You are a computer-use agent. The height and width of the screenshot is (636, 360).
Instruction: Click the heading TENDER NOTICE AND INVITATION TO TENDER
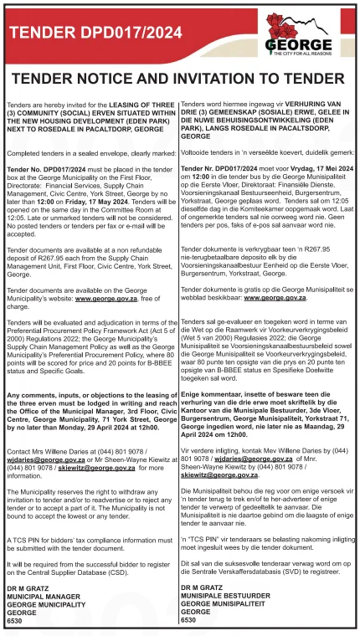click(x=179, y=78)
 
